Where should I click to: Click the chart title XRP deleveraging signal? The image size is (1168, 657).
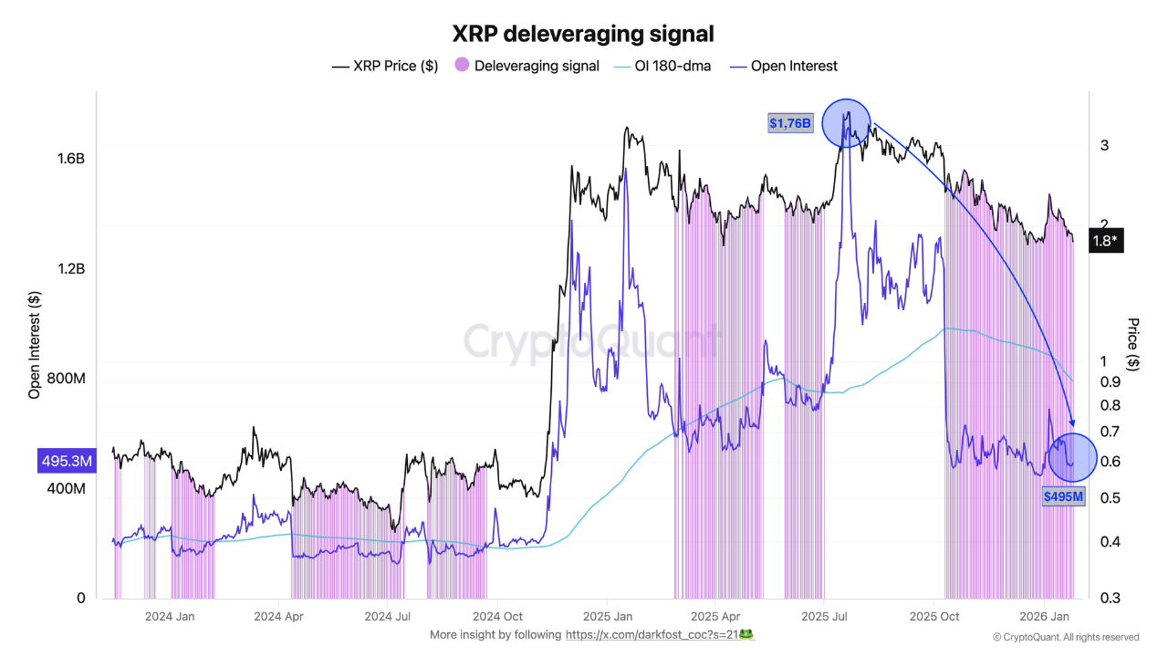[x=583, y=34]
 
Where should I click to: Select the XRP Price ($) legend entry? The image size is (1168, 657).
[x=384, y=66]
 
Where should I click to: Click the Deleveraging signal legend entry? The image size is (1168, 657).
[x=527, y=66]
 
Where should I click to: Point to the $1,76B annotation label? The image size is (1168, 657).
[x=789, y=123]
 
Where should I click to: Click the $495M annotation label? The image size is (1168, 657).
[x=1064, y=496]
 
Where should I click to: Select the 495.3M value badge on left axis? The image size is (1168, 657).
[x=66, y=462]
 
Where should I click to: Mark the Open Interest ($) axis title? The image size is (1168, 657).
[x=35, y=345]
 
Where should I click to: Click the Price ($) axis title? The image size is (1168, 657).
[x=1133, y=344]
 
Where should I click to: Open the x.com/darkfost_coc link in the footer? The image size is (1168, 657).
[x=659, y=634]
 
